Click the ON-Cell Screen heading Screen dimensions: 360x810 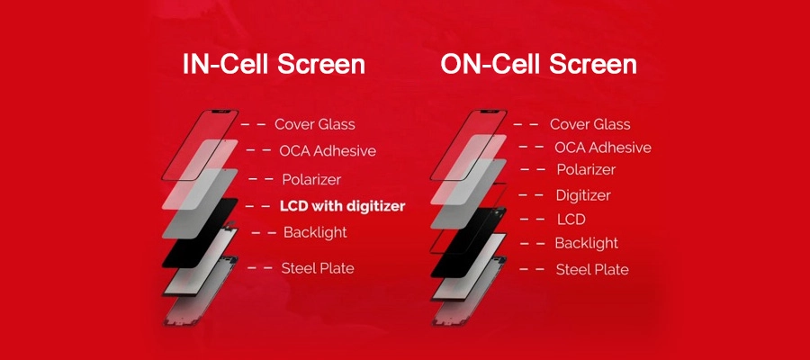coord(538,66)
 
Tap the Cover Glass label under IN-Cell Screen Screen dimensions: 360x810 coord(314,124)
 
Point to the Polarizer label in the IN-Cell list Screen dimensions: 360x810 coord(311,179)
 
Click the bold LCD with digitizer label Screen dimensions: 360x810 coord(342,206)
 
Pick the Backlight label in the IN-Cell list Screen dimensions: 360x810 coord(315,233)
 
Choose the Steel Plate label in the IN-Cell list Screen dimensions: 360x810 coord(318,268)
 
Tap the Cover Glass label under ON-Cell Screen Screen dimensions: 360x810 coord(589,124)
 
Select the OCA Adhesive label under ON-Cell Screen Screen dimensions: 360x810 coord(602,148)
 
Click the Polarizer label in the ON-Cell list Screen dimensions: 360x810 coord(586,170)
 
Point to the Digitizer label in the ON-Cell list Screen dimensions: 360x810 coord(583,195)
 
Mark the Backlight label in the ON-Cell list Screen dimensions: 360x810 coord(586,243)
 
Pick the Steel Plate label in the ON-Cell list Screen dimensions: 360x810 coord(592,269)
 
